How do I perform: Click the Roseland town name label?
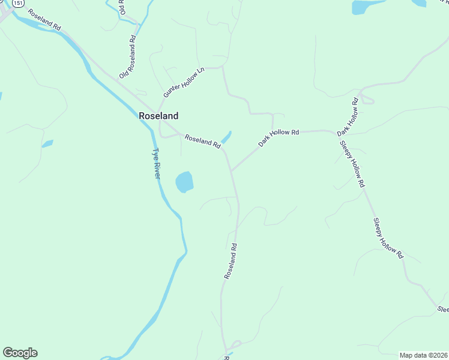coord(158,116)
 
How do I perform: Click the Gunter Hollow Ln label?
coord(184,83)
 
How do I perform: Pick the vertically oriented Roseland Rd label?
coord(231,261)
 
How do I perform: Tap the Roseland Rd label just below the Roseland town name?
coord(202,140)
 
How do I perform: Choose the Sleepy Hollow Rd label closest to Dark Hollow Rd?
coord(352,164)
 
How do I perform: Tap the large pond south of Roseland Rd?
coord(184,182)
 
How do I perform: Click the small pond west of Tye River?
coord(47,143)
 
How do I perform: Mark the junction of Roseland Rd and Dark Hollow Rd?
coord(232,170)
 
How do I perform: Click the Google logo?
coord(20,353)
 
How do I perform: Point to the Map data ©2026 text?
coord(423,355)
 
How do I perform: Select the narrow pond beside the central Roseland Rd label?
coord(226,137)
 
